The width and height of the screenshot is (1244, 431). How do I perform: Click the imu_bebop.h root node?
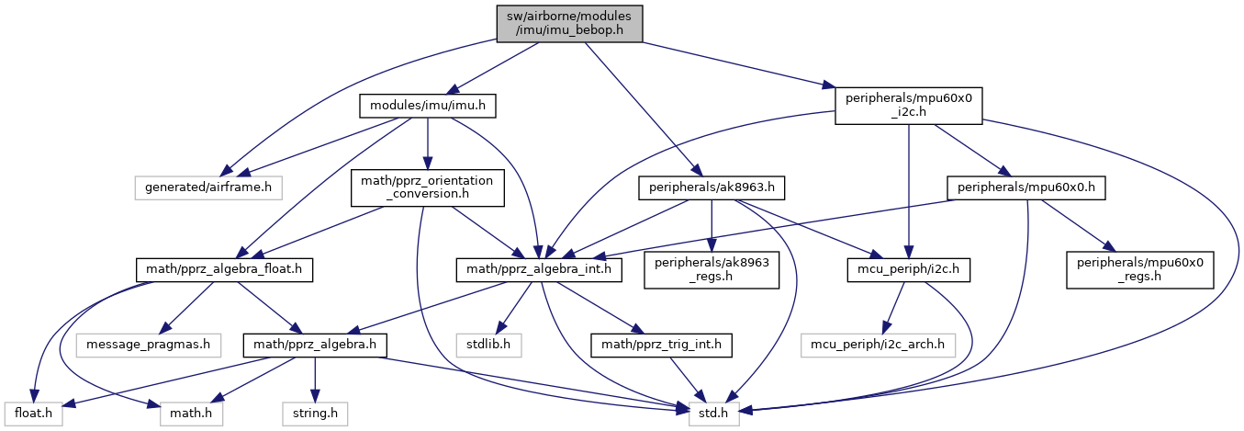(568, 22)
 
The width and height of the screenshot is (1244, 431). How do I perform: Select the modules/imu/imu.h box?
(428, 108)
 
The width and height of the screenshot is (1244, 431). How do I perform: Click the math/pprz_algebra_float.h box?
(224, 269)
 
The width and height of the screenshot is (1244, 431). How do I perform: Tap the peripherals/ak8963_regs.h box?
(712, 269)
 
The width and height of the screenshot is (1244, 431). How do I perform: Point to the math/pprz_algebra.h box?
(314, 346)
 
